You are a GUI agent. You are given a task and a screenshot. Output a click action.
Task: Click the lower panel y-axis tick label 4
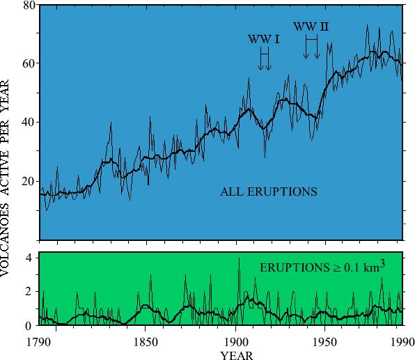click(29, 258)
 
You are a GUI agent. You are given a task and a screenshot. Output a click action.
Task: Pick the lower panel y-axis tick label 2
click(29, 292)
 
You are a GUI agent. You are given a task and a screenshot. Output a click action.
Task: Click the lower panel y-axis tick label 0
click(29, 325)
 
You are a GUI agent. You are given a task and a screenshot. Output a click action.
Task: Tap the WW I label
click(264, 39)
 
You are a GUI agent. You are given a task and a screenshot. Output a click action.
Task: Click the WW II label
click(311, 26)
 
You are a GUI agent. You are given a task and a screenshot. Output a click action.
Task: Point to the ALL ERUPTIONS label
click(269, 191)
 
